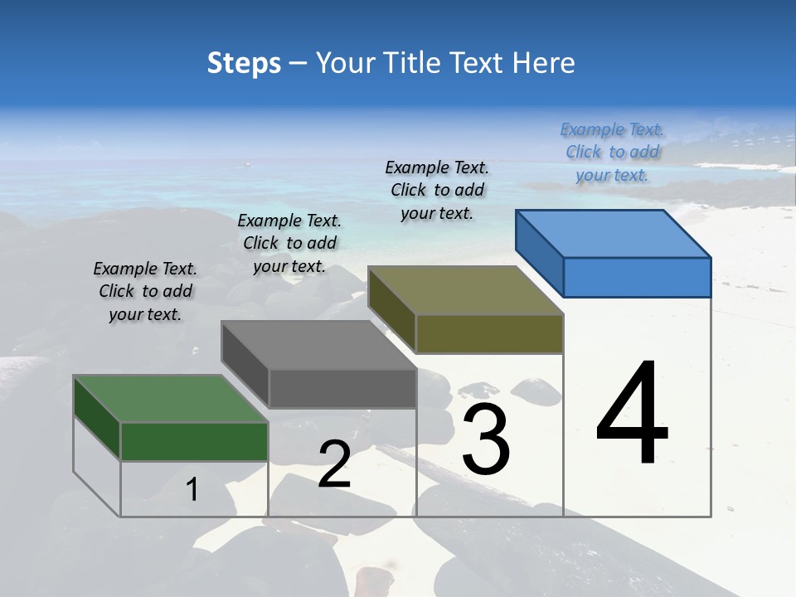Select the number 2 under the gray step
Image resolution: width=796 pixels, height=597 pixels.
point(334,464)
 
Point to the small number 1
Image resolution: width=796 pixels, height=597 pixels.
point(192,489)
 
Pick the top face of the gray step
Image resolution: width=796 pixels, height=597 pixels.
point(318,345)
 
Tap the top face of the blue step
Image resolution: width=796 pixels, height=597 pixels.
point(614,233)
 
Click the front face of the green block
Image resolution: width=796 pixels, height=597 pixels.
point(194,441)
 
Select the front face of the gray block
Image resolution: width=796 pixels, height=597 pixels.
point(342,388)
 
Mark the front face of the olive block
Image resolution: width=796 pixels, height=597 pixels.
point(489,333)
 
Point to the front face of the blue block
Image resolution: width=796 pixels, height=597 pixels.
point(637,277)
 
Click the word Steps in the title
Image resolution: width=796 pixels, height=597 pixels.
point(244,63)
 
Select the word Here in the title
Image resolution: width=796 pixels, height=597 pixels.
point(544,63)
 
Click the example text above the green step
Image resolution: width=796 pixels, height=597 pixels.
point(145,291)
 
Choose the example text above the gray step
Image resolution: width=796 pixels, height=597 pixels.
point(289,243)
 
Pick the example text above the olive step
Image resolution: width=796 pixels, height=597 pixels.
point(437,190)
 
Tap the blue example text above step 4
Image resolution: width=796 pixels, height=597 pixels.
point(612,152)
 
